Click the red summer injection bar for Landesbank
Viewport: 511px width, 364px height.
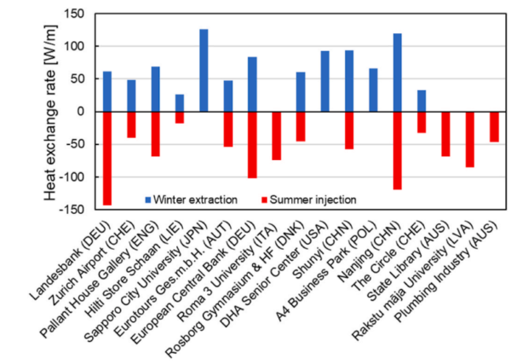click(107, 158)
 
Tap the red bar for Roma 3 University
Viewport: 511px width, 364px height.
click(277, 136)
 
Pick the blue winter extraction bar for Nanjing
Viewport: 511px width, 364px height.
click(398, 72)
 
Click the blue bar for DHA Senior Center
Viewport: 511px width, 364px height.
click(324, 81)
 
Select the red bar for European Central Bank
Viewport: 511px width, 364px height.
click(252, 144)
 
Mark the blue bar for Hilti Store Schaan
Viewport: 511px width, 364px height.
click(180, 103)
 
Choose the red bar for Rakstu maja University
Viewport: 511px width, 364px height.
click(469, 139)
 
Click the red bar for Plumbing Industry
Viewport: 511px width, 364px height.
click(494, 126)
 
